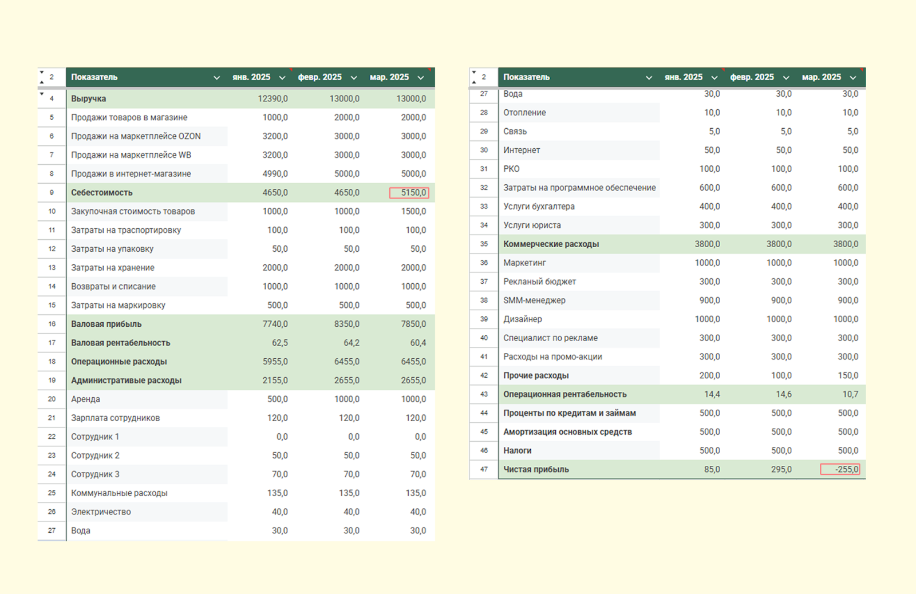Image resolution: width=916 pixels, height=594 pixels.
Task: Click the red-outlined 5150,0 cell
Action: tap(409, 192)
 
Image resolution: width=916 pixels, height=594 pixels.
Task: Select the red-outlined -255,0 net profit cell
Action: tap(840, 469)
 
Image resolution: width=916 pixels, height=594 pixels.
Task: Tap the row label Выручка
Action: tap(88, 98)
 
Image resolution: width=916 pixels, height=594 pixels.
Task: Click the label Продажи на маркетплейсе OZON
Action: tap(136, 136)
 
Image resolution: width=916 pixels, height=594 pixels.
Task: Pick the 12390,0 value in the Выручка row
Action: tap(273, 98)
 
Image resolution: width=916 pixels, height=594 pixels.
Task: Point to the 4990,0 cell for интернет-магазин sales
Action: tap(275, 174)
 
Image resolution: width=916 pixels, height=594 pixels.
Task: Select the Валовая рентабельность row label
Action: tap(121, 343)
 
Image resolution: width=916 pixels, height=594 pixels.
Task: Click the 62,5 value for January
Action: tap(280, 343)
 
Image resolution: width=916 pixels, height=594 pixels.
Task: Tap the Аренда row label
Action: tap(85, 399)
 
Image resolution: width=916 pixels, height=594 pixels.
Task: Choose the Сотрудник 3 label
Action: tap(95, 474)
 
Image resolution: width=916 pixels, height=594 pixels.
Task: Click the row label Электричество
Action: tap(101, 512)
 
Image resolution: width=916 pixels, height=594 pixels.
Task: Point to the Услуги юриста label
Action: tap(532, 225)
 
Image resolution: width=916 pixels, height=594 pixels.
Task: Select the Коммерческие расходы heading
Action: tap(551, 244)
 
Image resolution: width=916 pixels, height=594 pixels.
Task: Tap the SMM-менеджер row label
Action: tap(535, 300)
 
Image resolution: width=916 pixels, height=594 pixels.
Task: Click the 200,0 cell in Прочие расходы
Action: tap(709, 375)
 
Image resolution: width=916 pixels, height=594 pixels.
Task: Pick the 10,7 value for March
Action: tap(850, 394)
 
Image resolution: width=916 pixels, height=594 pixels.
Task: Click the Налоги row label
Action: tap(518, 450)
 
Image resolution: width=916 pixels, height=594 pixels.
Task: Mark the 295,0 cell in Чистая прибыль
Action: tap(781, 469)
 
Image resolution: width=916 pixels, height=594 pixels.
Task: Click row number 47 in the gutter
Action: tap(484, 469)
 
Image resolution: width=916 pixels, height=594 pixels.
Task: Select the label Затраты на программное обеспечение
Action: tap(579, 188)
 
